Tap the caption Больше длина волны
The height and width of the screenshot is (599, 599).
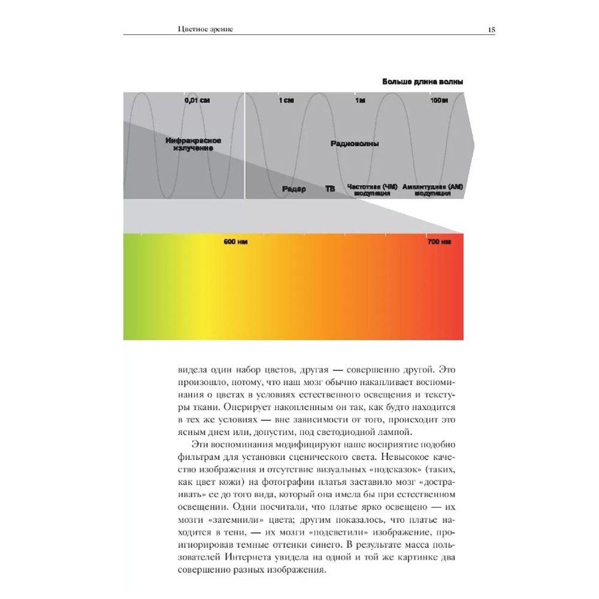(423, 82)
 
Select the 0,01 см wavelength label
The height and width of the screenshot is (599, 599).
(197, 101)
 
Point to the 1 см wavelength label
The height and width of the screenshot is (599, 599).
(286, 101)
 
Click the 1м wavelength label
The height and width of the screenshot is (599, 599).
(359, 101)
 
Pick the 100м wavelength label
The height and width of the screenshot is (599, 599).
(439, 101)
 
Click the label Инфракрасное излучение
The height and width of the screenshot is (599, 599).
(193, 144)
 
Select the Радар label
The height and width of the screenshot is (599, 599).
(294, 189)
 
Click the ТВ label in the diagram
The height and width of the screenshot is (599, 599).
(330, 189)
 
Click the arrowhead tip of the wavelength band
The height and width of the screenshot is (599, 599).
(474, 145)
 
